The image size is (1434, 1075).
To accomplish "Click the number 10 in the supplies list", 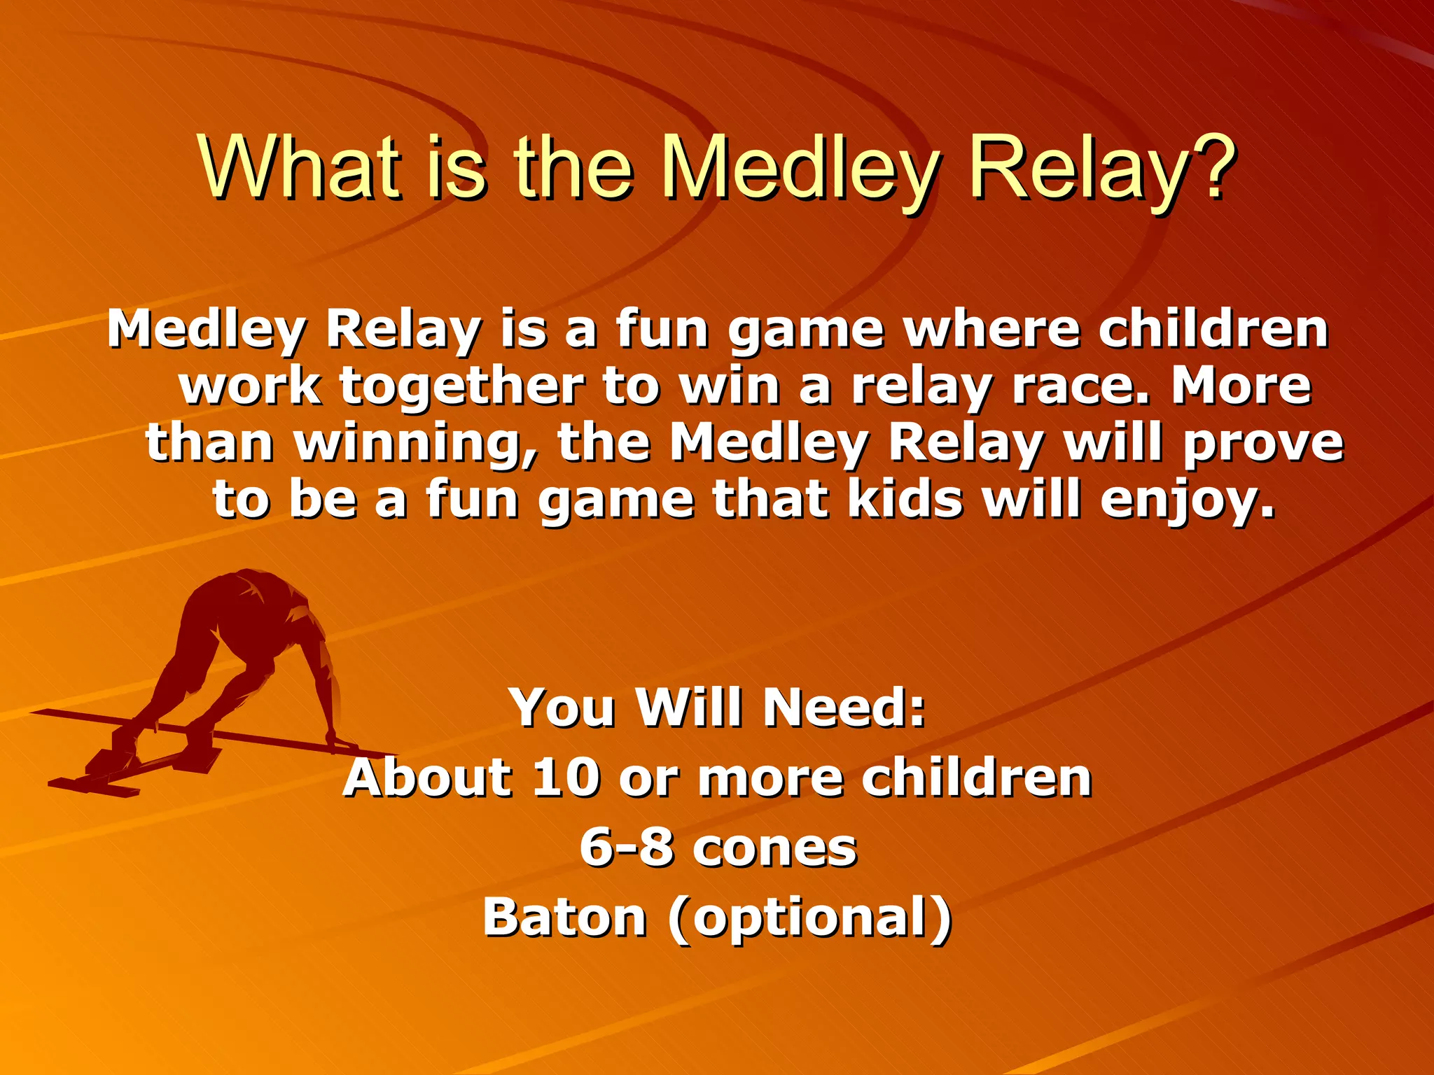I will [x=566, y=778].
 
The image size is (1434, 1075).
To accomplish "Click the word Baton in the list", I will [x=564, y=918].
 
